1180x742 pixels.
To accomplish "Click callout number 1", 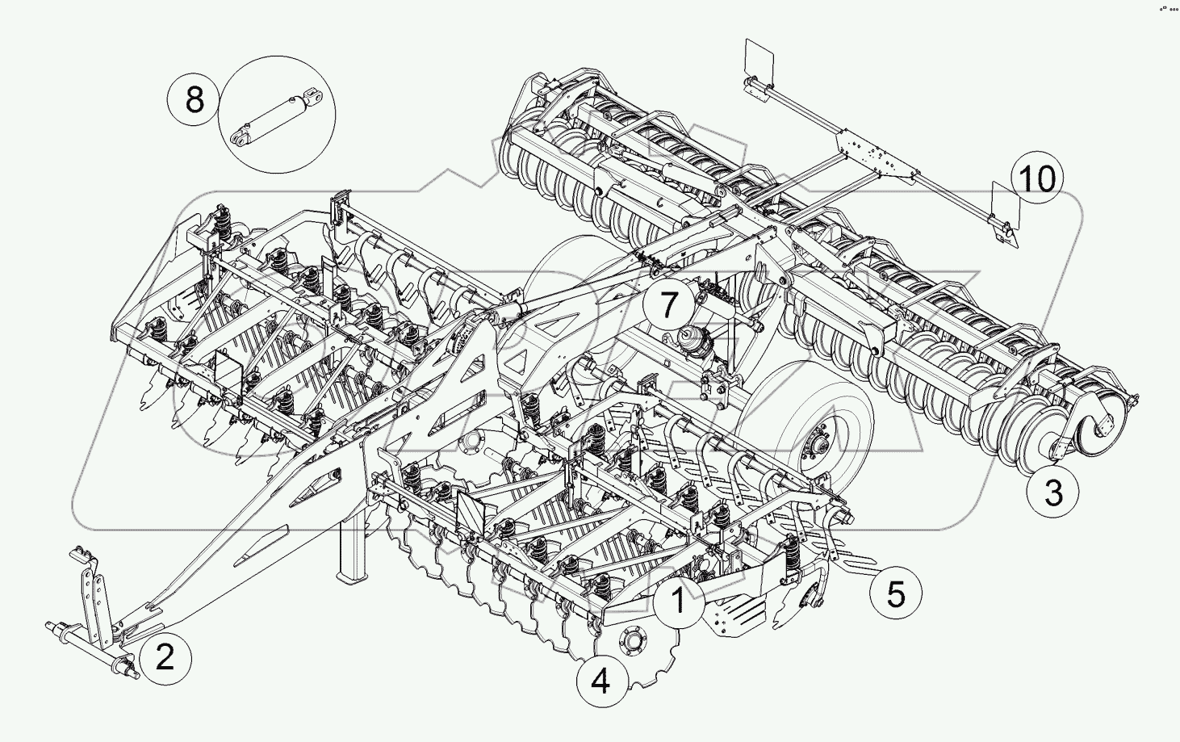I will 679,602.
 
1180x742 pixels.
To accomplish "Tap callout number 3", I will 1053,492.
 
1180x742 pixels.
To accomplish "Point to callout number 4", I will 600,682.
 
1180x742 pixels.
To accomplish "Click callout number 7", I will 668,305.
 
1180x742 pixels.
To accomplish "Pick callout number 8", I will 195,101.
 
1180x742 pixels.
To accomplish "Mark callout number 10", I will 1039,178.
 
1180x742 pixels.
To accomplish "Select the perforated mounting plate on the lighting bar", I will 877,154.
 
